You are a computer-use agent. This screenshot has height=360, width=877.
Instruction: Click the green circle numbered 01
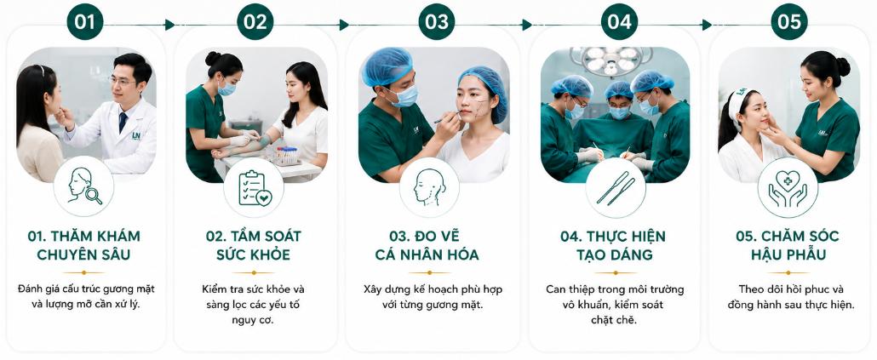click(x=85, y=22)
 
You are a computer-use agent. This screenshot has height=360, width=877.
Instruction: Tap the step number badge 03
click(x=436, y=22)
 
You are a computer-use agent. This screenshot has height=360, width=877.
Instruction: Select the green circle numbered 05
click(x=788, y=22)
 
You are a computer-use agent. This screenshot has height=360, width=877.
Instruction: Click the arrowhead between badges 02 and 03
click(x=344, y=25)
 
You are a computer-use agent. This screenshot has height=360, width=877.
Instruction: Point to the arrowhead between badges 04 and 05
click(x=707, y=25)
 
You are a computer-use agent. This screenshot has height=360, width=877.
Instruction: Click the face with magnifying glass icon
click(x=84, y=186)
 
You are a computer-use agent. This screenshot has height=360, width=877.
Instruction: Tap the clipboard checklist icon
click(x=255, y=188)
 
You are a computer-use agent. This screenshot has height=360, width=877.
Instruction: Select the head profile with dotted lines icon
click(x=429, y=187)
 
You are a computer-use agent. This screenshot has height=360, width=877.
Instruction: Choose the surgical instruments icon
click(x=616, y=188)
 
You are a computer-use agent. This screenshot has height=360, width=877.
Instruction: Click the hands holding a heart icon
click(x=788, y=188)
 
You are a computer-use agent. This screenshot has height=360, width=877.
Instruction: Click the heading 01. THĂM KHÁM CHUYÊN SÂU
click(x=84, y=245)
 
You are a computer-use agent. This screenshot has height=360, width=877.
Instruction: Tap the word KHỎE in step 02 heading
click(x=270, y=255)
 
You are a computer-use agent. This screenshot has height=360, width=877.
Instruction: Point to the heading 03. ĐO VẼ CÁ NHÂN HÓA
click(x=427, y=245)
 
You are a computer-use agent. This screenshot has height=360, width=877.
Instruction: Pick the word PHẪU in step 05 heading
click(x=805, y=255)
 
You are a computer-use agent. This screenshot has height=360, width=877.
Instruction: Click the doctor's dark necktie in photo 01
click(x=123, y=123)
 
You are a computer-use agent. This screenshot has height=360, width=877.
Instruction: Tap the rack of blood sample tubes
click(x=286, y=155)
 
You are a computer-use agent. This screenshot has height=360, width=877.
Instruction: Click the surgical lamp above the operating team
click(x=611, y=60)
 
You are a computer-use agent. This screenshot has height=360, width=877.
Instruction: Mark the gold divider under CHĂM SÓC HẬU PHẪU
click(x=788, y=273)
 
